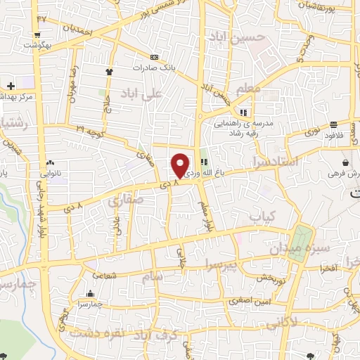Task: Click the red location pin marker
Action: coord(181,165)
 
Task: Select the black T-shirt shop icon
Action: coord(109,72)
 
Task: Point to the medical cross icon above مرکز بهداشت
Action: coord(11,86)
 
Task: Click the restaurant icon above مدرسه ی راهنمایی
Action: coord(244,112)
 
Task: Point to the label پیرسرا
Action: coord(224,264)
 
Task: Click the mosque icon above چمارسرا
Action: coord(91,294)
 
